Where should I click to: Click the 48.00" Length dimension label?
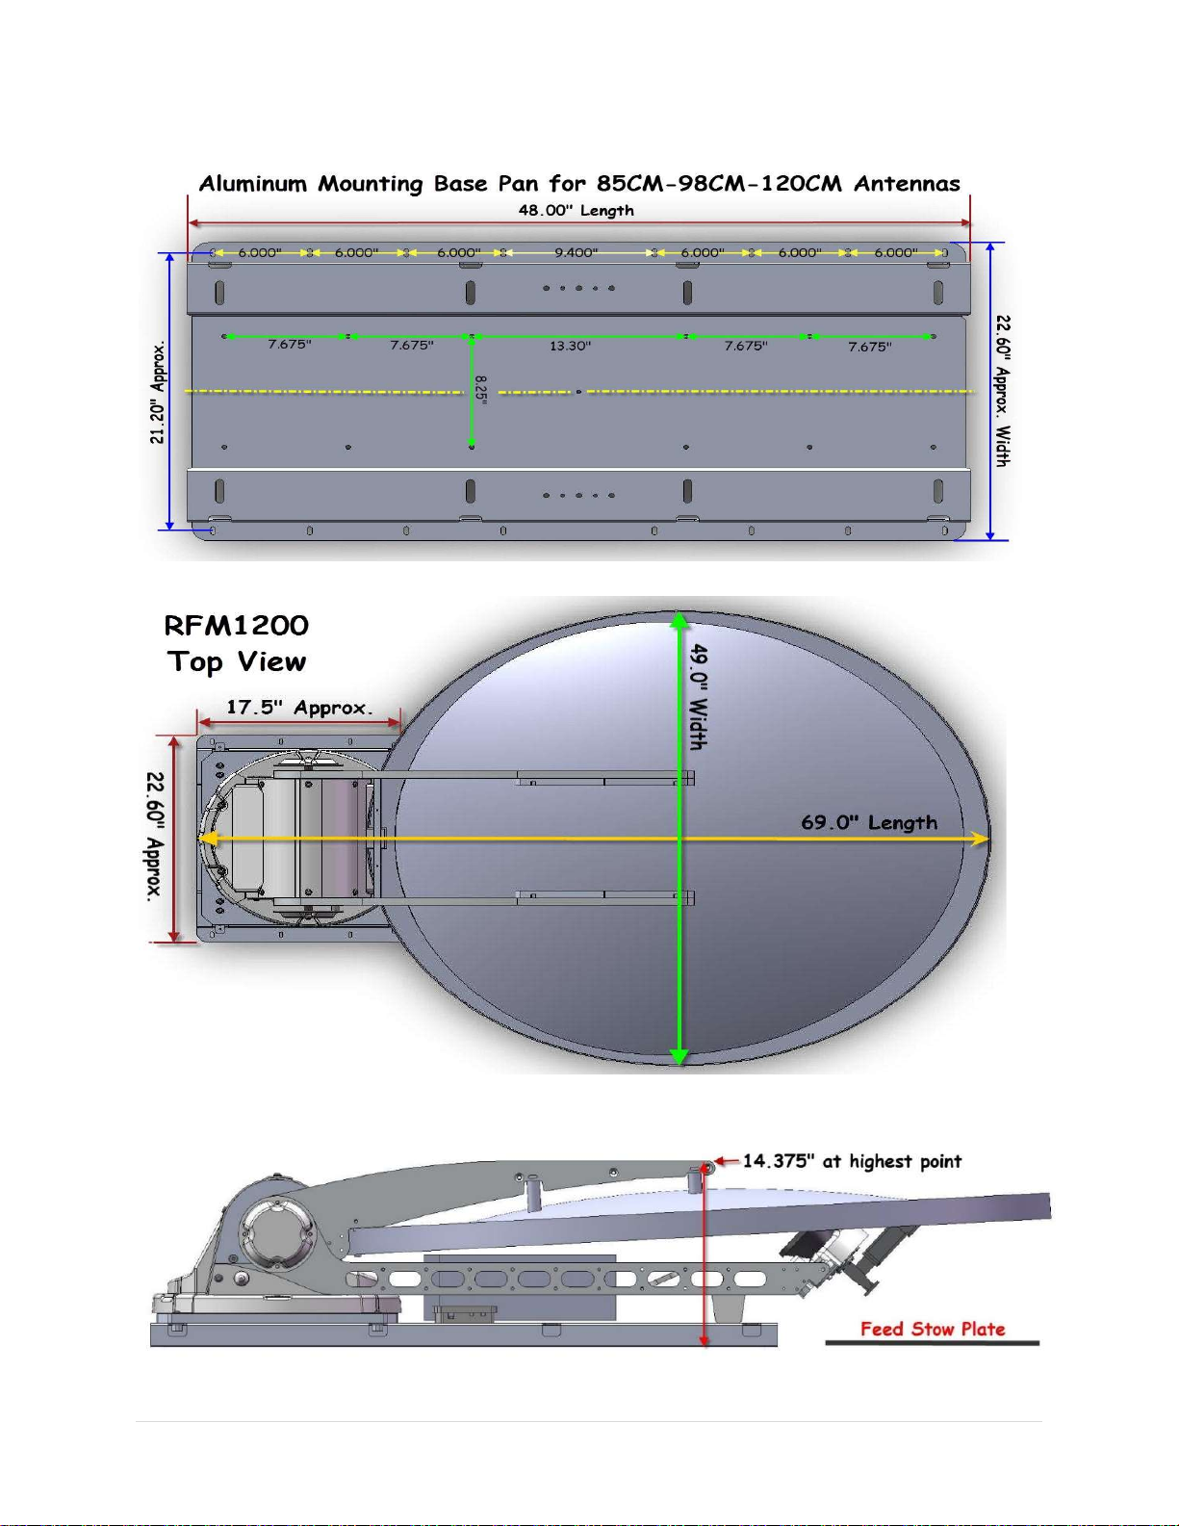point(577,210)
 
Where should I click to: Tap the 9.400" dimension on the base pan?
point(577,252)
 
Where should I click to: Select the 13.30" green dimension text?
point(570,346)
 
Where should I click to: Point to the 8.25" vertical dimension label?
point(480,388)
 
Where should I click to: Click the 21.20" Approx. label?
point(158,393)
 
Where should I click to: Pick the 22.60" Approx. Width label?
point(1004,391)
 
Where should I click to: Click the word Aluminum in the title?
point(253,184)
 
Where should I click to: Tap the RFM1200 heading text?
point(237,626)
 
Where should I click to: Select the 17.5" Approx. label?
point(299,708)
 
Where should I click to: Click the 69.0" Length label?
point(869,822)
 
